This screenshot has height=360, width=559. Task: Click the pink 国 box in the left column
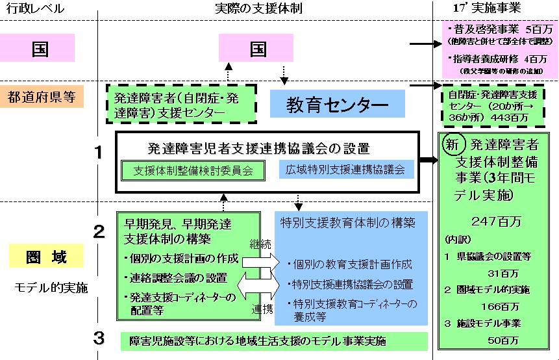41,47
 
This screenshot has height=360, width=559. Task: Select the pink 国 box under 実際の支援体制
256,48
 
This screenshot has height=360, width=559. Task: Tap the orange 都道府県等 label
42,96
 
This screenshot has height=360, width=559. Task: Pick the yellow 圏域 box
47,256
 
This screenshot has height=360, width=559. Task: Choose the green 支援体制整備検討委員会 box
194,170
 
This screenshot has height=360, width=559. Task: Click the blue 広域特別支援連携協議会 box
345,170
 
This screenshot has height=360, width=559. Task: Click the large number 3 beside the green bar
99,339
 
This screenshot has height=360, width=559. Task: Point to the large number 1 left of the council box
99,153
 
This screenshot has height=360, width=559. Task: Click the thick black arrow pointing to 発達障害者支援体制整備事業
427,159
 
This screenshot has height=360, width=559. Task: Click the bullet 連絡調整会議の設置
179,278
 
